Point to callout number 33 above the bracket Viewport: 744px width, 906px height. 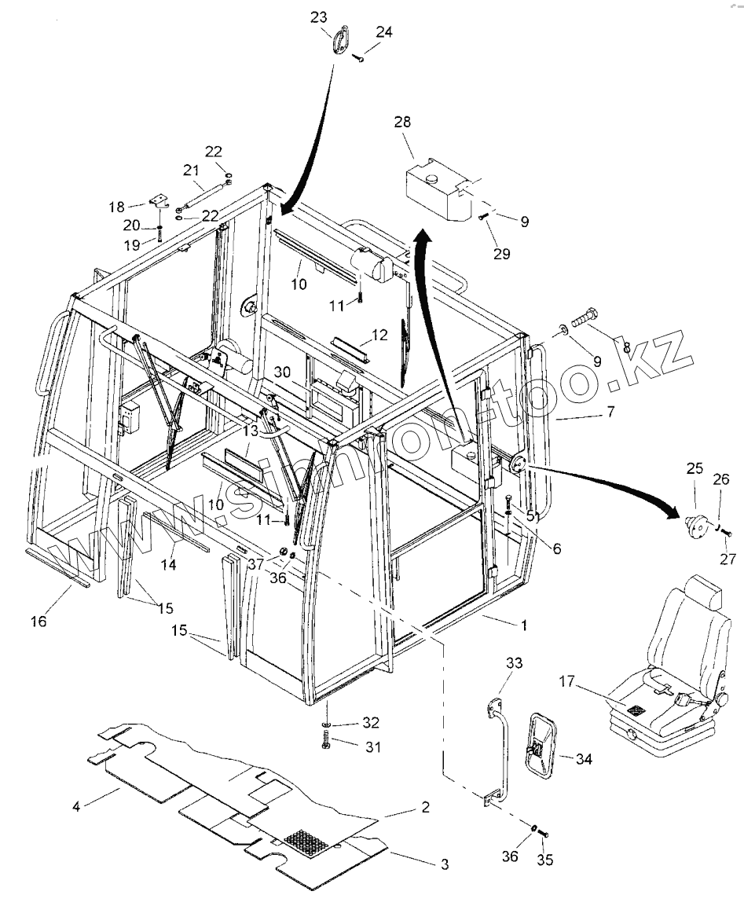pos(513,664)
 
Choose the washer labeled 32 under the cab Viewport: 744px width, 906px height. pos(327,723)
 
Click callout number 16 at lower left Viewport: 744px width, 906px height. pos(38,621)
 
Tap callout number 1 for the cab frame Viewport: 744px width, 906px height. pos(524,625)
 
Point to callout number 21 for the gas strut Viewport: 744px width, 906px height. pos(191,170)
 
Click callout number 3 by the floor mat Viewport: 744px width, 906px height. pos(444,864)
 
